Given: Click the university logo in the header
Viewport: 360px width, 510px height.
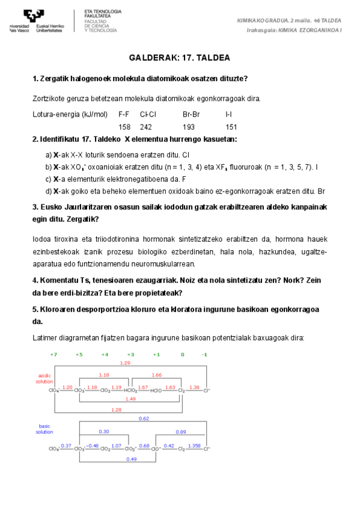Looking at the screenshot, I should (36, 21).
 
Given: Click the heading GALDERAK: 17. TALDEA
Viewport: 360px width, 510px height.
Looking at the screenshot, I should (180, 58).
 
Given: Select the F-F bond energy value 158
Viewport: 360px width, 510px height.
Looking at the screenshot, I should (124, 127).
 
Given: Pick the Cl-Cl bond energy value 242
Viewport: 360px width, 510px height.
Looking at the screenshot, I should (146, 127).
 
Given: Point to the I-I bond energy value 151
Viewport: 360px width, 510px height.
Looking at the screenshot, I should (231, 127).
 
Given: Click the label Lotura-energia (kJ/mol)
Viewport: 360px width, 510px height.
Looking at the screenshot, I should (70, 114).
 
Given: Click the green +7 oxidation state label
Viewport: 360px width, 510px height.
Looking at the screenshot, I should (53, 354).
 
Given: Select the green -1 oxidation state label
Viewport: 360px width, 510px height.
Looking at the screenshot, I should (204, 354).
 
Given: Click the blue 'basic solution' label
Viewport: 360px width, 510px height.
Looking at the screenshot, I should (44, 429).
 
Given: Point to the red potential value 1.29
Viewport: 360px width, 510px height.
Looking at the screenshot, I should (125, 363).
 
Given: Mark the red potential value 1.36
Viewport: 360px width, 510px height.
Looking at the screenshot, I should (194, 387).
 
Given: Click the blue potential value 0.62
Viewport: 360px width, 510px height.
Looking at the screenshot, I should (144, 418).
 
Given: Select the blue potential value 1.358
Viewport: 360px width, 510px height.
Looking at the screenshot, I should (194, 446).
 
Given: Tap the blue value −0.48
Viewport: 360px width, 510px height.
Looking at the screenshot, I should (92, 446).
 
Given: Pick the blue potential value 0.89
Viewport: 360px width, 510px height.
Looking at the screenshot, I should (180, 432).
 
